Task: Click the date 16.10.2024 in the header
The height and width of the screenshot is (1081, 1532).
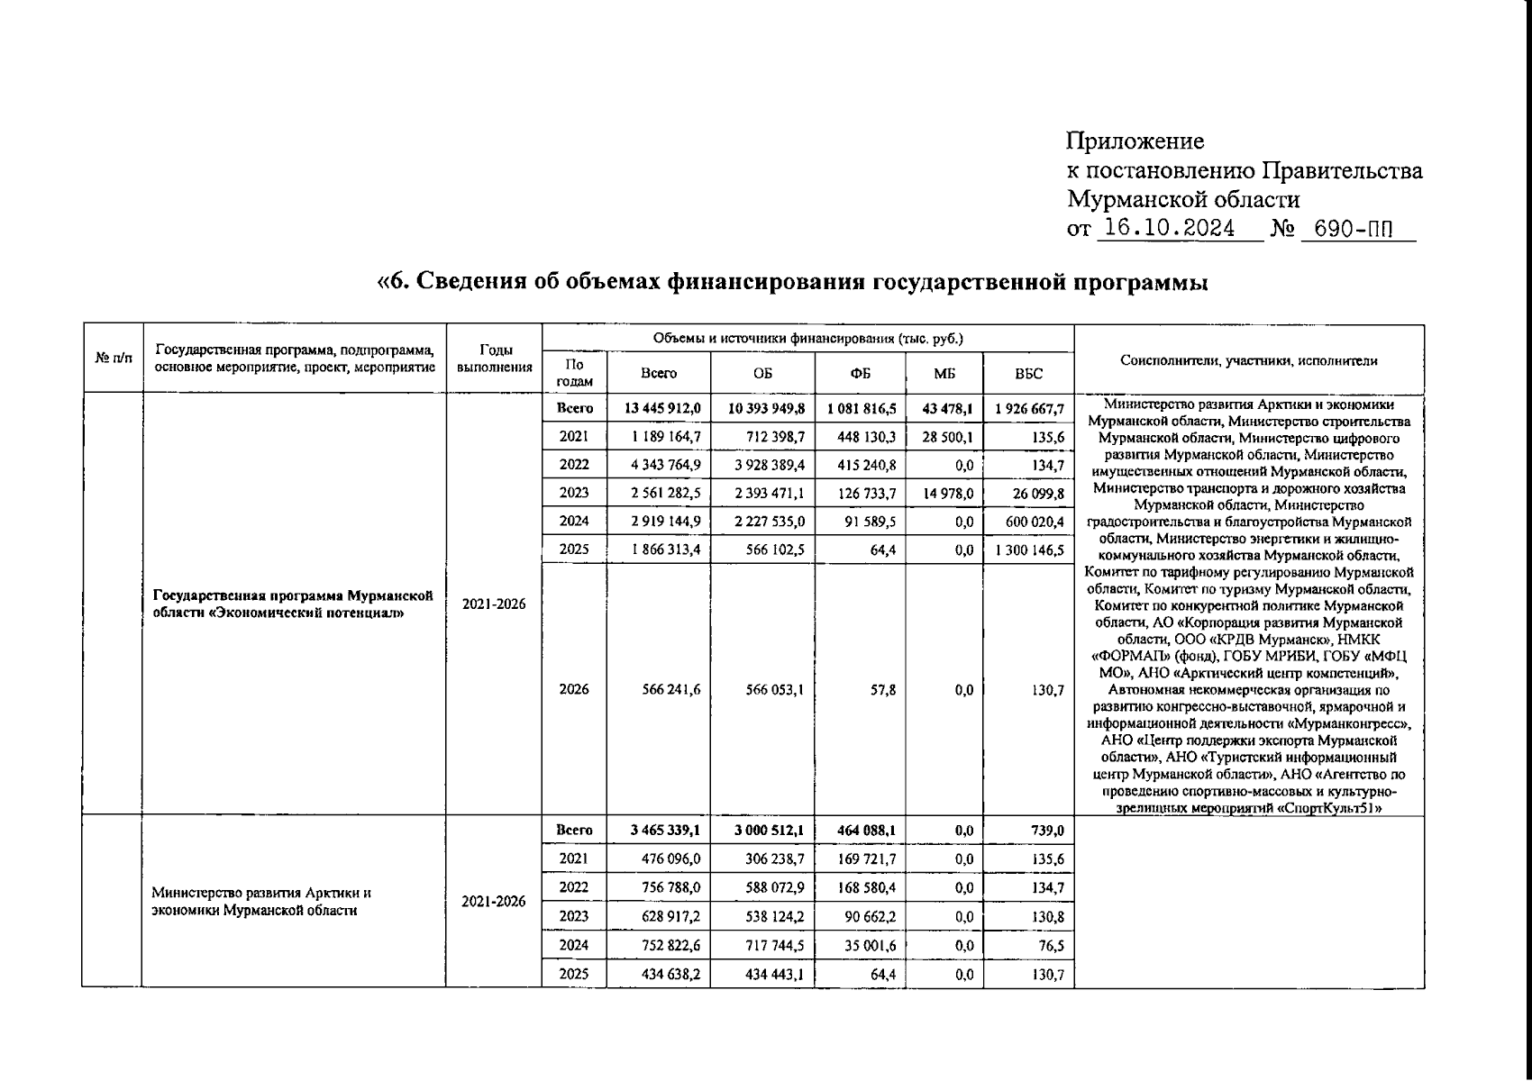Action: [1169, 229]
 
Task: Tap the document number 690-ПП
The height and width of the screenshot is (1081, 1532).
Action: [1353, 229]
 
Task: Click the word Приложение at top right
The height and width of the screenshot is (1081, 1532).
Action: [1135, 141]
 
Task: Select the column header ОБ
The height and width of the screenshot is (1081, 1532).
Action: [762, 373]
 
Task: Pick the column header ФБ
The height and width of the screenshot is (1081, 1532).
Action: [860, 373]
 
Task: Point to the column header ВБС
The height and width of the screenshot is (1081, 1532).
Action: [1028, 373]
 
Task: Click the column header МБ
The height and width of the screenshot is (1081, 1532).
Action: [944, 373]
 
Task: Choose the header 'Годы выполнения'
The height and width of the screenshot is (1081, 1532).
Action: [494, 359]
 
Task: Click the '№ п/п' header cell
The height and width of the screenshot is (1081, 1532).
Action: [113, 359]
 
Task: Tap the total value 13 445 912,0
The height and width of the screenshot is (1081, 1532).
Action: [662, 408]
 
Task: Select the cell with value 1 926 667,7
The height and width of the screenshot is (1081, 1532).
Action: [1029, 408]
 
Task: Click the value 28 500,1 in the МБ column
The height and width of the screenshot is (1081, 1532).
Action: [947, 437]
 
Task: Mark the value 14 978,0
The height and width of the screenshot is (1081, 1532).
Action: [947, 493]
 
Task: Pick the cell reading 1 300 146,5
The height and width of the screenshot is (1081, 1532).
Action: [1029, 550]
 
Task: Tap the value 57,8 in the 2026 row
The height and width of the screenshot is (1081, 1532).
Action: [883, 690]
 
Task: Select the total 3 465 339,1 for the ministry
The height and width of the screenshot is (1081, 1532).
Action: [666, 831]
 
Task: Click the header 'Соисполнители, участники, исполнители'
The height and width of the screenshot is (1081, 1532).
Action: [1248, 360]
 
